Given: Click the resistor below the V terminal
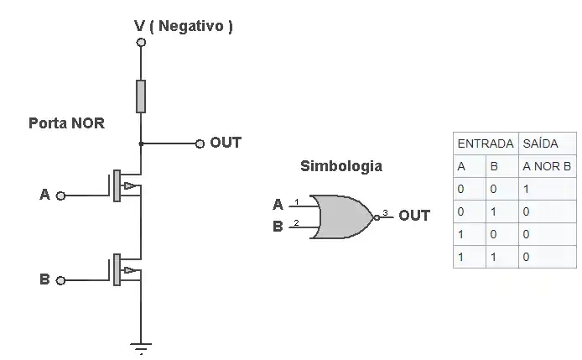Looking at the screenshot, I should pyautogui.click(x=141, y=97).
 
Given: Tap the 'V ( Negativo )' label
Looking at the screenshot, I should pyautogui.click(x=184, y=26).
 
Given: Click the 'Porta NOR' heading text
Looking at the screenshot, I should pyautogui.click(x=66, y=123).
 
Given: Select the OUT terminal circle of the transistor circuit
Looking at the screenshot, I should pyautogui.click(x=200, y=143).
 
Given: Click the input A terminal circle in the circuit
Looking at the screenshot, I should pyautogui.click(x=60, y=196).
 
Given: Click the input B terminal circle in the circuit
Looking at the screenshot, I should pyautogui.click(x=60, y=280).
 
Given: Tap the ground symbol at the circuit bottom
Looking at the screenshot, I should pyautogui.click(x=141, y=347).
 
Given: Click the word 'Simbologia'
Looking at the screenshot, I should pyautogui.click(x=340, y=166).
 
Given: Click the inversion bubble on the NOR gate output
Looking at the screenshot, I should pyautogui.click(x=377, y=217).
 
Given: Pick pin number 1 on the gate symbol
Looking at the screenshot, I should pyautogui.click(x=296, y=202).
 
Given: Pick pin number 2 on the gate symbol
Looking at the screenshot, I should pyautogui.click(x=296, y=224).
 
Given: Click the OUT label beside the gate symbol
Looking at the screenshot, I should pyautogui.click(x=414, y=216).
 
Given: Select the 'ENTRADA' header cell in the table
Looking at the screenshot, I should pyautogui.click(x=485, y=143).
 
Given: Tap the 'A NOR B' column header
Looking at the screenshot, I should pyautogui.click(x=546, y=166).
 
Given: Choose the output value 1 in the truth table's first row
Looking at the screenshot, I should pyautogui.click(x=526, y=189).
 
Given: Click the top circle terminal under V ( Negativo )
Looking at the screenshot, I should pyautogui.click(x=141, y=41).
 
